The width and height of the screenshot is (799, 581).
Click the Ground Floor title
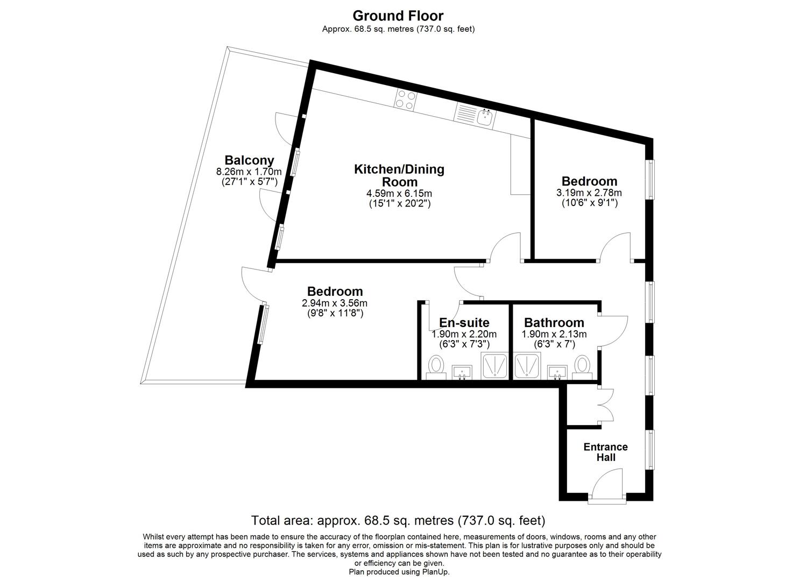(x=398, y=16)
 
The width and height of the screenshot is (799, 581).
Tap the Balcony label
(x=249, y=160)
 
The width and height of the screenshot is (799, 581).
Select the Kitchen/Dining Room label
(x=399, y=175)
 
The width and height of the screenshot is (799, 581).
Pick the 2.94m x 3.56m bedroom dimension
(x=335, y=303)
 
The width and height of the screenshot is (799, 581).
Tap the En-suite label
(x=464, y=323)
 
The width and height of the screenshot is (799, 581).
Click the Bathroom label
(x=554, y=323)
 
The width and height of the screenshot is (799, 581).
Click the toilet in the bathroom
(x=582, y=366)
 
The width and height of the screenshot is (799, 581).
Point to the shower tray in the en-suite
(x=493, y=366)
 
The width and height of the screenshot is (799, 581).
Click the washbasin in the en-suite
(x=462, y=371)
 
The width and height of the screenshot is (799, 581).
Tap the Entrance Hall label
(x=605, y=452)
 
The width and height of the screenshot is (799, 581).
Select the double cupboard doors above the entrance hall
(x=607, y=405)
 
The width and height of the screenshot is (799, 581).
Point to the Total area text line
(x=398, y=521)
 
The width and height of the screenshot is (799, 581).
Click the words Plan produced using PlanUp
(x=399, y=572)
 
